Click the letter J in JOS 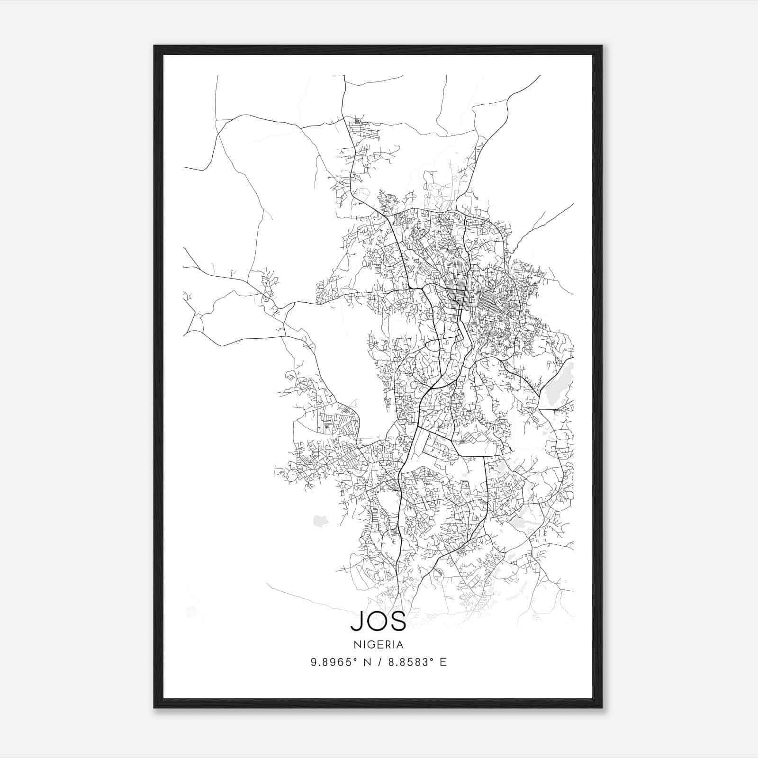[356, 622]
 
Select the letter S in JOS [398, 622]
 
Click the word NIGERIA [378, 645]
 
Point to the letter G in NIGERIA [371, 645]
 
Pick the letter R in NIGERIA [388, 645]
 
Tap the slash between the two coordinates [379, 662]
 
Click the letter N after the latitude [366, 662]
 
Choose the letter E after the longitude [443, 662]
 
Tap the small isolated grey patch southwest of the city [321, 521]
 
